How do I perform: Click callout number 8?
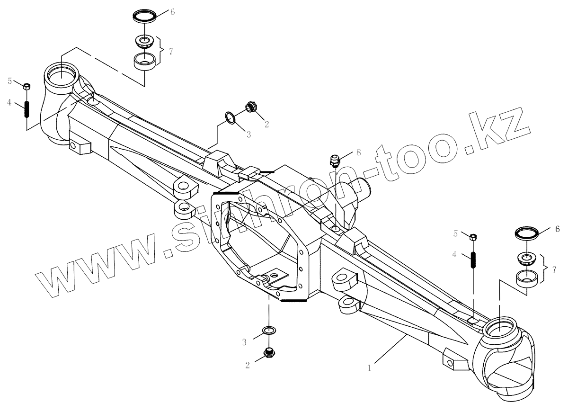(358, 152)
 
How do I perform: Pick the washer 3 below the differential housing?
(269, 330)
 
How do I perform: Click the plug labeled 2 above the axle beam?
(250, 107)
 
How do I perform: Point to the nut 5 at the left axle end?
(27, 87)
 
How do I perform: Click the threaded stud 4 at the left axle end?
(27, 110)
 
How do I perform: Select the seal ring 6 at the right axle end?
(526, 233)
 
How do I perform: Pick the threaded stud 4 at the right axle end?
(473, 260)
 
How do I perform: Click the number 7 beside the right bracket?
(553, 269)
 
